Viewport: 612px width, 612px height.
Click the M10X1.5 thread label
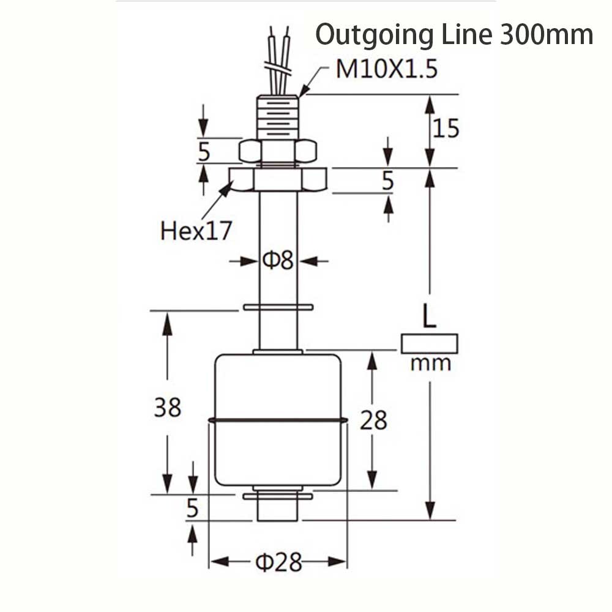387,70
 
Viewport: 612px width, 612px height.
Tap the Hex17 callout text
196,231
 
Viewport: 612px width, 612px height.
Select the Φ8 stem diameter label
278,261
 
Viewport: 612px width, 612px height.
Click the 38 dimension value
167,407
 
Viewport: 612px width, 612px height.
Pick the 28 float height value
373,420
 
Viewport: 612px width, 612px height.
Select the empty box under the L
430,343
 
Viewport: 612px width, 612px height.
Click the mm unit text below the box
430,364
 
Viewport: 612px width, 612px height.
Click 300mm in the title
546,35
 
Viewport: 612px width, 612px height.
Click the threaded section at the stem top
278,117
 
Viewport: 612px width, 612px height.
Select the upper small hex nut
278,151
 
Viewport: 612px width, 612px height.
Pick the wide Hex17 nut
278,179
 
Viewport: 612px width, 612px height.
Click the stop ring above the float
278,307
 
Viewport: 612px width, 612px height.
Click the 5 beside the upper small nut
204,151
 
